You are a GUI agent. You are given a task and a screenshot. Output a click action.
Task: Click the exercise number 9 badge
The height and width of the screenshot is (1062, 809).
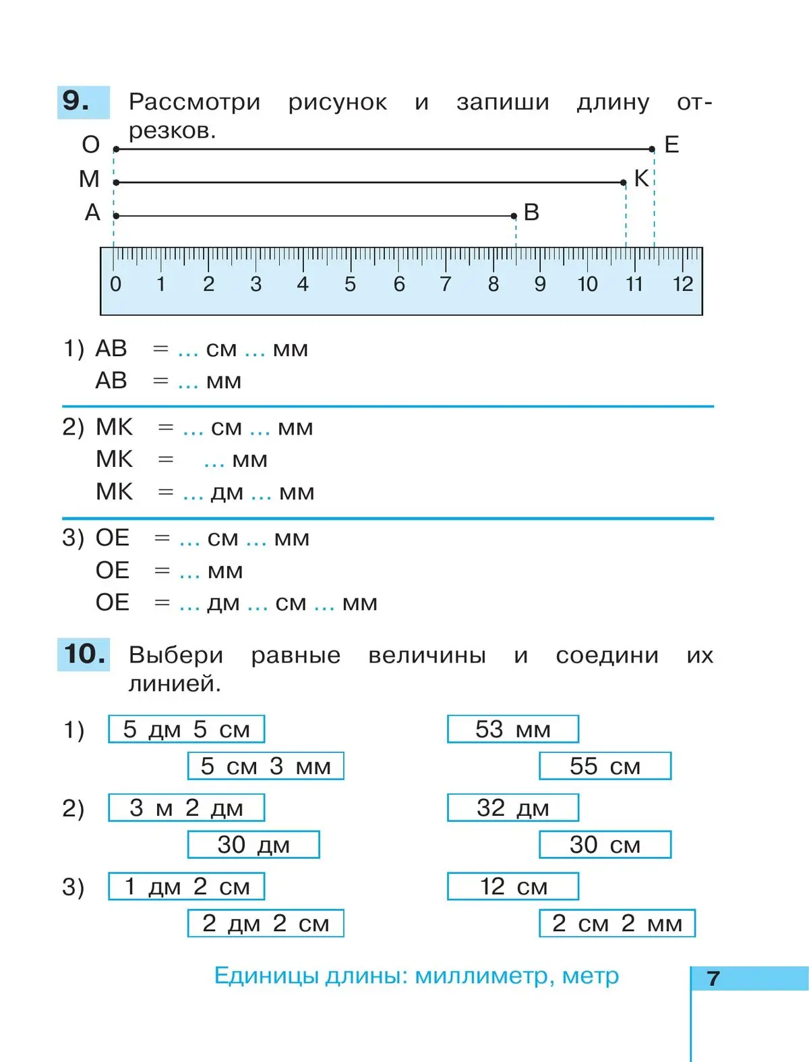(83, 102)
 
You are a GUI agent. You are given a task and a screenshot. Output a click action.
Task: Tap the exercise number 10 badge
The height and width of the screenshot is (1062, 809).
(84, 654)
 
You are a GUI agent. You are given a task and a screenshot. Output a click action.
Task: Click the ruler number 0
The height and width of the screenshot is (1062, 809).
(115, 284)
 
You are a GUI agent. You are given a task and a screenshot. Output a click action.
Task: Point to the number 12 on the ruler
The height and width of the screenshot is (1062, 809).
(682, 284)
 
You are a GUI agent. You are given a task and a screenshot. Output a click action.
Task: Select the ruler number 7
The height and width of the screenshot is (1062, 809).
(445, 284)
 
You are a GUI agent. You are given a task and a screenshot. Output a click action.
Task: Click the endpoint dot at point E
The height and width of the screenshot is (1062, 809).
(652, 149)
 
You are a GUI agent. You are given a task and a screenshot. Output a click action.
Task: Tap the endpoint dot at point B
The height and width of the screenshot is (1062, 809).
(514, 216)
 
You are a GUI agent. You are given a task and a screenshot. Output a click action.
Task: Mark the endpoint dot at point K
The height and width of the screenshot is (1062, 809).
(624, 182)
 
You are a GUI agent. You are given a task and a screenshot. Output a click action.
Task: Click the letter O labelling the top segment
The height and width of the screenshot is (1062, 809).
(91, 144)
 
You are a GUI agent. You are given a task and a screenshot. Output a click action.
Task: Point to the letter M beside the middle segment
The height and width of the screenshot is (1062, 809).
(89, 179)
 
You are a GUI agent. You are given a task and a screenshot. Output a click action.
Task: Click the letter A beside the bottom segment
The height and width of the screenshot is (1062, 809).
(92, 213)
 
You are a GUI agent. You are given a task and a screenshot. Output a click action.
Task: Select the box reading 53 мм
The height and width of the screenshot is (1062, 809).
(513, 729)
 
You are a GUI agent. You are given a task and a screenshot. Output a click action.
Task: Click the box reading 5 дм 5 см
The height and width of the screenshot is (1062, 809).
(186, 729)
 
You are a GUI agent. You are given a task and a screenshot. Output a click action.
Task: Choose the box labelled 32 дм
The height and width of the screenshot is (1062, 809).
(513, 808)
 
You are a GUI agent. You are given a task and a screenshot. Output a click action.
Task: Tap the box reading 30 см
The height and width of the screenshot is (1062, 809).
(605, 845)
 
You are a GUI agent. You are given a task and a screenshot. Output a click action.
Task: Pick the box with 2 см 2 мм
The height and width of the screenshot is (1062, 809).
(617, 923)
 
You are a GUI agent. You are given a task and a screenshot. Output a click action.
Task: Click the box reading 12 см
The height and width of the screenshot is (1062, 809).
(513, 887)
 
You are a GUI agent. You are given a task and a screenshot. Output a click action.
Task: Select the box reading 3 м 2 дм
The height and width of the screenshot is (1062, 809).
(186, 808)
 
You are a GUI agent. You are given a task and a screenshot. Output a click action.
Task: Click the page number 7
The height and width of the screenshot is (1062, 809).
(713, 978)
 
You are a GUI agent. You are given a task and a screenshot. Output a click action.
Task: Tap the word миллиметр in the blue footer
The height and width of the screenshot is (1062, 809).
(481, 976)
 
